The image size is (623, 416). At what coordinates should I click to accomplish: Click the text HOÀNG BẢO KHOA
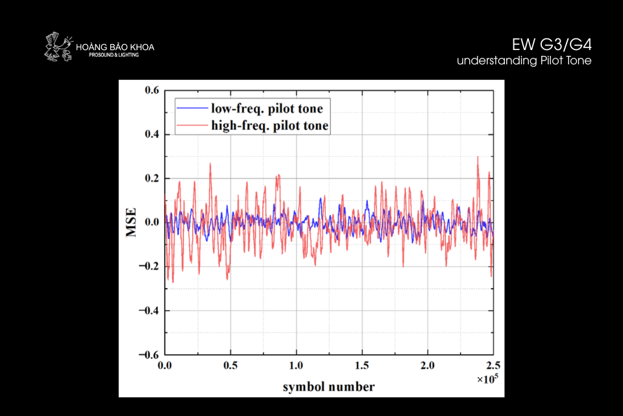pos(115,47)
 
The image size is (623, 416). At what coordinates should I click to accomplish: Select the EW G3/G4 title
pos(552,45)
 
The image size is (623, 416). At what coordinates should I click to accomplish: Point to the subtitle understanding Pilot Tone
pos(524,60)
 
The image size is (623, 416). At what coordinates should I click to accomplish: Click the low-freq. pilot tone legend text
pos(267,108)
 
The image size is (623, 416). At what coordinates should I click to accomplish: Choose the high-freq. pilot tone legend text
pos(269,125)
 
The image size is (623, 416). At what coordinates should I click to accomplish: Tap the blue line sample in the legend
pos(192,108)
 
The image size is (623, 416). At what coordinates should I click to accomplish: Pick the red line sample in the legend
pos(192,125)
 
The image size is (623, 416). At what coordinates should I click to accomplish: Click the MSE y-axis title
pos(132,222)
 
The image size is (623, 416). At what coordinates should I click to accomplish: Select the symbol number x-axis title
pos(328,387)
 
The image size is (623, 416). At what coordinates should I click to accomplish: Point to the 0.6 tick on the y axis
pos(151,90)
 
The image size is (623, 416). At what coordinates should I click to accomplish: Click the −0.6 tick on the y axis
pos(149,355)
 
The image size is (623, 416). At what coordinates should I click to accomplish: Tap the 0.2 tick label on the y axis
pos(151,179)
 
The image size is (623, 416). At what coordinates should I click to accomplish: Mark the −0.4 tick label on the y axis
pos(149,311)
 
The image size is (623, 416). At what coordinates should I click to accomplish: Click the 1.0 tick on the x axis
pos(296,366)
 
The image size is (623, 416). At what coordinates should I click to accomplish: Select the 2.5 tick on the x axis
pos(493,366)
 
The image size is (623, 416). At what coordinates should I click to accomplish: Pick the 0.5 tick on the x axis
pos(230,366)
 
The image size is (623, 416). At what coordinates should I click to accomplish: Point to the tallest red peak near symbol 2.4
pos(478,157)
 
